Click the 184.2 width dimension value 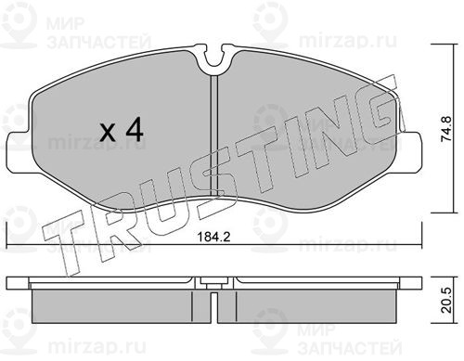click(213, 238)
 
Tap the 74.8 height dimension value click(447, 129)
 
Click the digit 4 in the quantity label click(135, 130)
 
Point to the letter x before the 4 click(109, 134)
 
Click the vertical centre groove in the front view click(214, 135)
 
